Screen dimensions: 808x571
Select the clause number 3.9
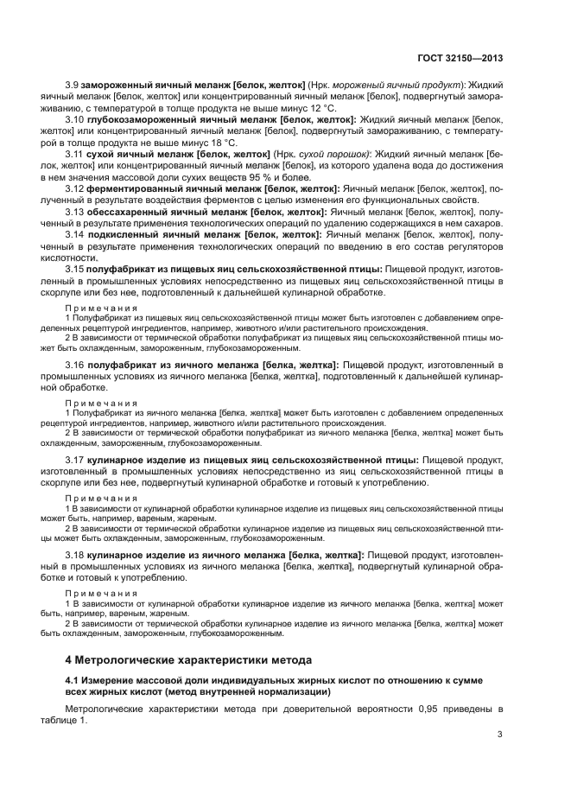73,88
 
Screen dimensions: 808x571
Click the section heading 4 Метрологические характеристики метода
188,660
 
